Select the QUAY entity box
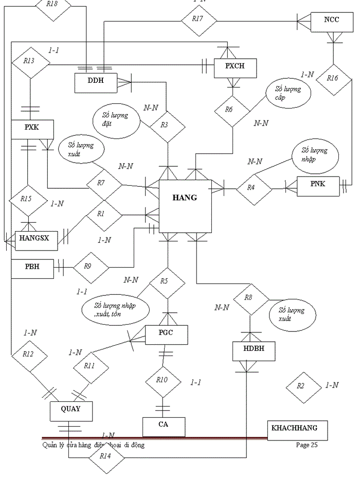coord(71,411)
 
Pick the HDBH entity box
coord(252,352)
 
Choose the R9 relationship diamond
coord(91,267)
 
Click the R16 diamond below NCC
coord(334,80)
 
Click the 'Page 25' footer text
coord(307,445)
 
